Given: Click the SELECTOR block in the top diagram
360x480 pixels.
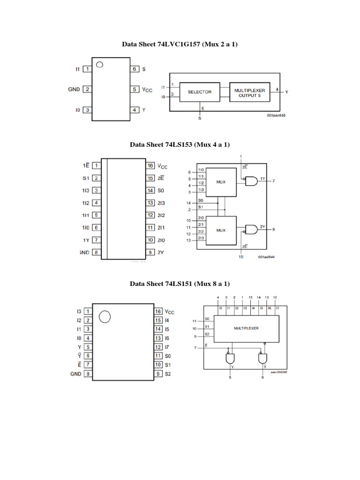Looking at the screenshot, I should [200, 92].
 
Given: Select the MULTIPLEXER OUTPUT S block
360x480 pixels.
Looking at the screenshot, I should [249, 92].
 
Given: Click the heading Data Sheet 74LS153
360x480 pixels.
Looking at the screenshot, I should [180, 145].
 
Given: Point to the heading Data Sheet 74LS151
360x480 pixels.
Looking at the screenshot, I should [180, 284].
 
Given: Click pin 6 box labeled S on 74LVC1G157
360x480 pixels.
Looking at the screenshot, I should [135, 69].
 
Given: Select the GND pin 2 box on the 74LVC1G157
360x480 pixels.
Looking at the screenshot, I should [87, 89].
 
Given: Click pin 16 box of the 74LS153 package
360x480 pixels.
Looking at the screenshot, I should [150, 166].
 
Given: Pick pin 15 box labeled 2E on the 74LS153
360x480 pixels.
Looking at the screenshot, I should [150, 178].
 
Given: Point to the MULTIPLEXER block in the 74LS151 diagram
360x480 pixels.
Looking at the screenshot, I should [246, 328].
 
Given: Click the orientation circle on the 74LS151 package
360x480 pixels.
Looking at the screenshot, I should [105, 317].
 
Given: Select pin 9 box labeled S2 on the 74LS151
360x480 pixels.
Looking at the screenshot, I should [158, 374].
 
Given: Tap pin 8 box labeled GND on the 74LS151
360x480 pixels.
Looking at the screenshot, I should [88, 374].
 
